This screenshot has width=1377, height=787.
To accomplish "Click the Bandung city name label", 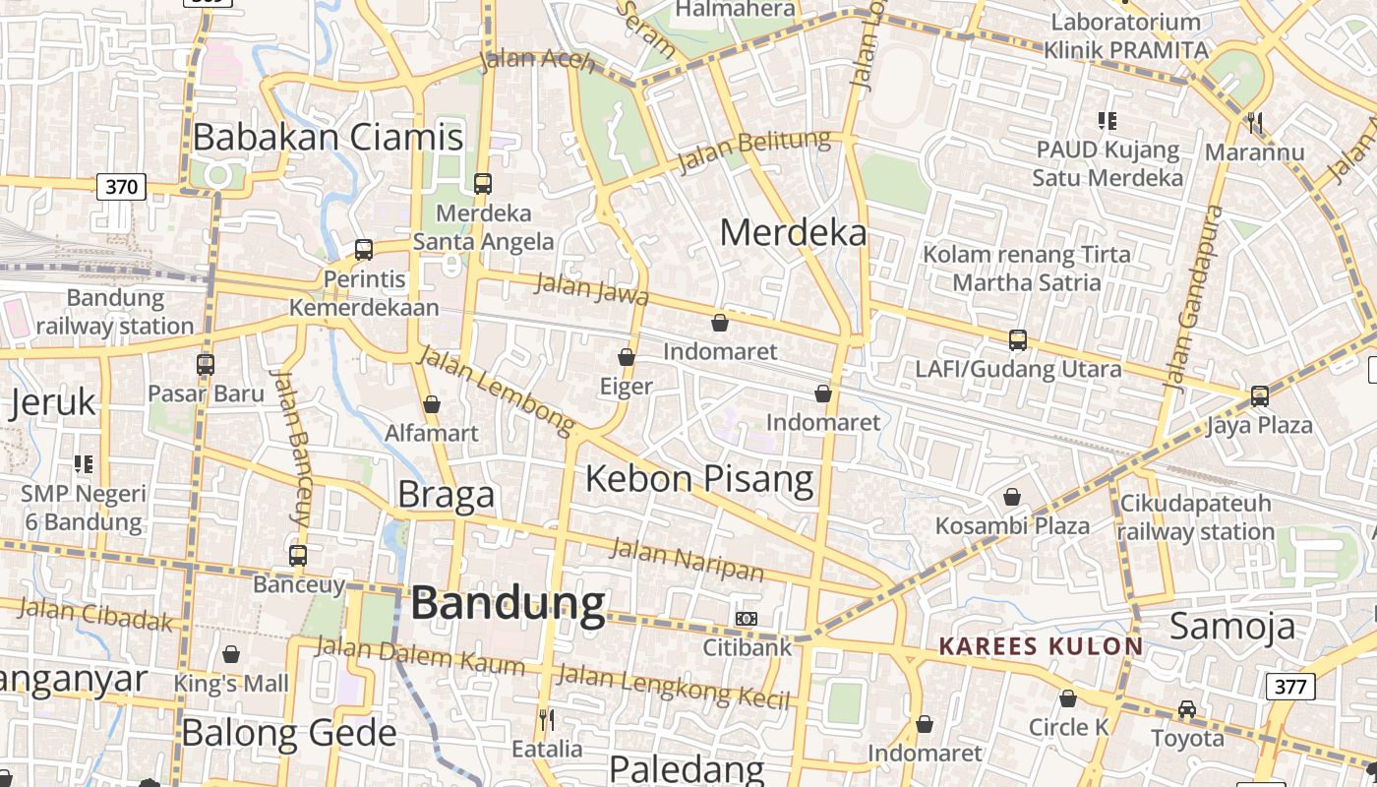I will pos(508,603).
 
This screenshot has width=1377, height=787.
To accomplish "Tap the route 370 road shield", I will pos(122,186).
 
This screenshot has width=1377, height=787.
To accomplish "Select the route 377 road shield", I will pos(1289,686).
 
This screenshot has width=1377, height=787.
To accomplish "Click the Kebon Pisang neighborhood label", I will pos(699,479).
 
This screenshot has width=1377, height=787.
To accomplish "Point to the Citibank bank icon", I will pos(747,619).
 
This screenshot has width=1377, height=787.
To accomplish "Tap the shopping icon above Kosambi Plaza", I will pos(1011,497).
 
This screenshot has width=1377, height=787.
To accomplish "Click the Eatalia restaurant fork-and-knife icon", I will pos(547,719).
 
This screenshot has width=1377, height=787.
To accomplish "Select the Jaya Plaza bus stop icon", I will pos(1260,396).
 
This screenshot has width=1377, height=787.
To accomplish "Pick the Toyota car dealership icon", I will pos(1187,709).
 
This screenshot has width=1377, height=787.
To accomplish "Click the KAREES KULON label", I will pos(1041,646).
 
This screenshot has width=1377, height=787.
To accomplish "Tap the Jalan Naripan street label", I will pos(687,559).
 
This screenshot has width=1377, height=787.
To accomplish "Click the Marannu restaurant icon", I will pos(1254,123).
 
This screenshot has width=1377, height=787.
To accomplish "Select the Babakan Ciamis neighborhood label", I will pos(328,137).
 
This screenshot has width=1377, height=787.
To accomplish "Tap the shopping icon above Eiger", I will pos(627,357).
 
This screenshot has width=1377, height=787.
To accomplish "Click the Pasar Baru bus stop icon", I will pos(206,365).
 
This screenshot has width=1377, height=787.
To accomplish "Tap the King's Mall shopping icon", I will pos(231,654).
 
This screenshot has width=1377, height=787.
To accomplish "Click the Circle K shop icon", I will pos(1068,698).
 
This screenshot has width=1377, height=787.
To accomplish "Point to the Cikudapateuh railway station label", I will pos(1195,517).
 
